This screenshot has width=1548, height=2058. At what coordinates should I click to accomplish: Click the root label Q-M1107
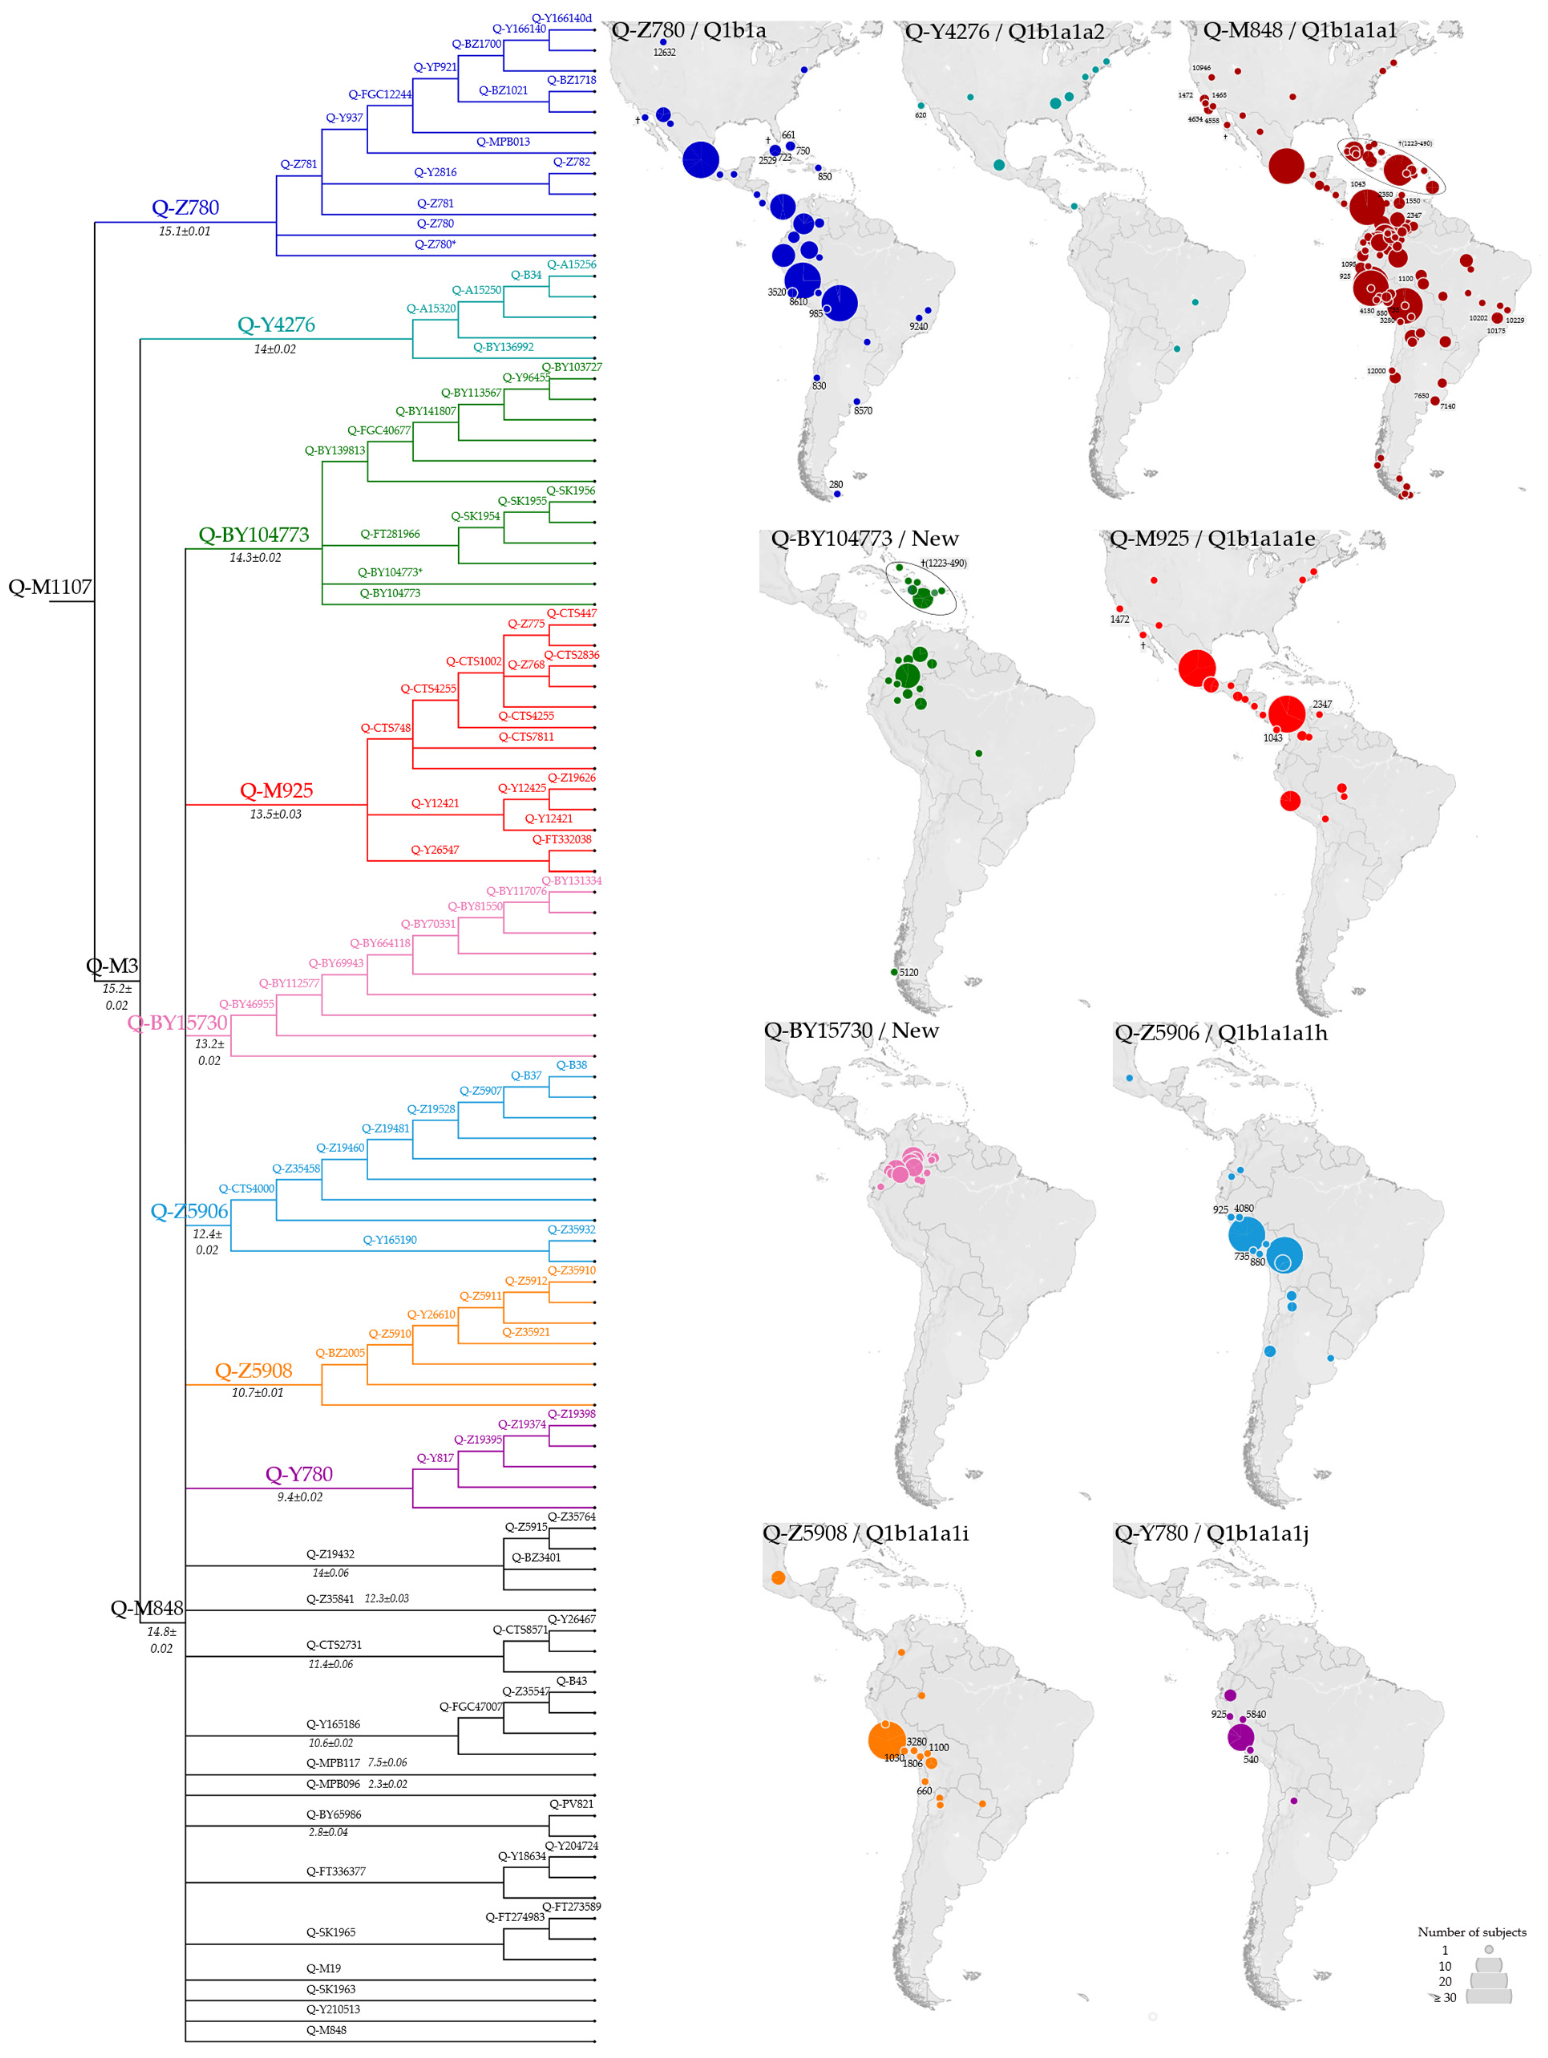pos(49,587)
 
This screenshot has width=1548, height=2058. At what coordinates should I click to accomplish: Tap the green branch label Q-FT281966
pos(390,534)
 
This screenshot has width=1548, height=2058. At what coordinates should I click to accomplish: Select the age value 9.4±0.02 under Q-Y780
pos(299,1497)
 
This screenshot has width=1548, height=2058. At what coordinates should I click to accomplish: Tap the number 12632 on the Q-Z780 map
pos(664,52)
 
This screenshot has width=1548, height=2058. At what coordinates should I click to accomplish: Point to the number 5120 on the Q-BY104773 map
pos(908,972)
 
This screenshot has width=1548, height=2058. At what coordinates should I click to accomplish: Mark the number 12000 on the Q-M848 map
pos(1376,371)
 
